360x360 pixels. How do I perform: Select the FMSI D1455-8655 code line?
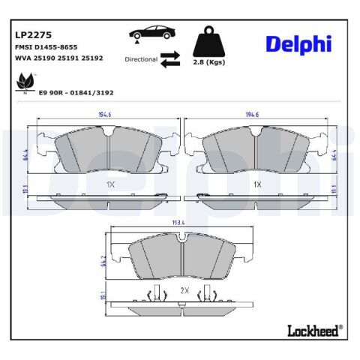coord(46,46)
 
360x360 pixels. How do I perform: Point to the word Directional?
coord(141,59)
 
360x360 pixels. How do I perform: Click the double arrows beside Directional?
coord(170,59)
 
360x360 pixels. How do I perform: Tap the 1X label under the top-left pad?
coord(109,184)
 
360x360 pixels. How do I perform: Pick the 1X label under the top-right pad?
coord(256,184)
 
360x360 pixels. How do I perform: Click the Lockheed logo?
coord(314,328)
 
